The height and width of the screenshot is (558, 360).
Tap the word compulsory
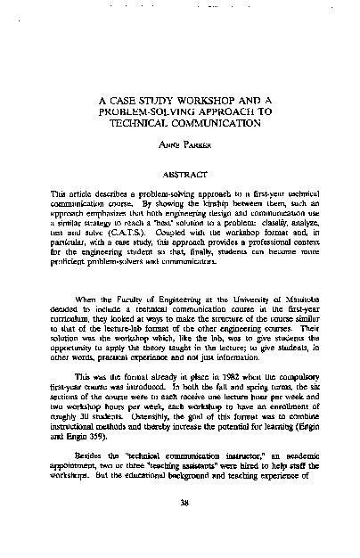283,402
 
